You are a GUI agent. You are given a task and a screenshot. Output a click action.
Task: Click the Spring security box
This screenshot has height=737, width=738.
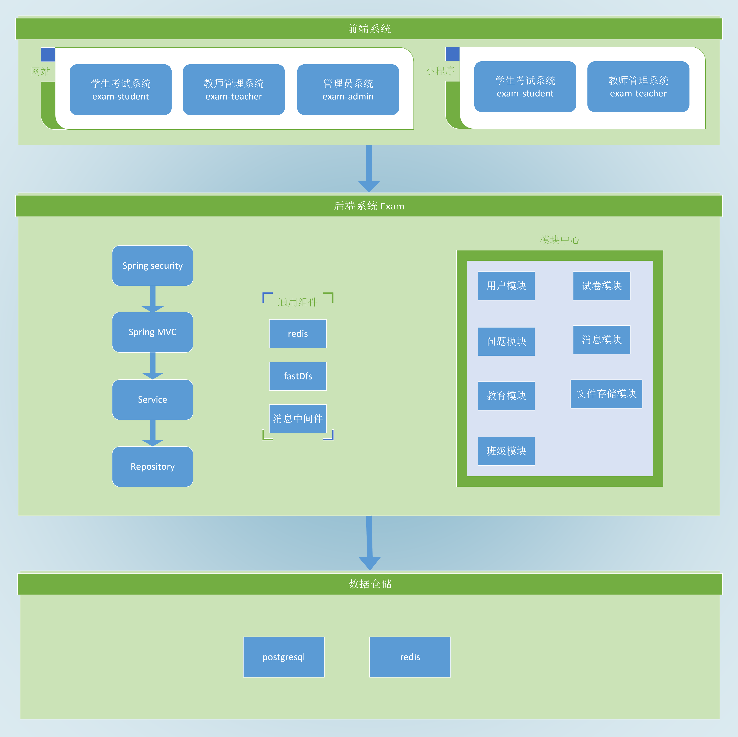pyautogui.click(x=152, y=266)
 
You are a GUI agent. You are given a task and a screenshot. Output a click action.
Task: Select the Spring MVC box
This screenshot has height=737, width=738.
pyautogui.click(x=152, y=332)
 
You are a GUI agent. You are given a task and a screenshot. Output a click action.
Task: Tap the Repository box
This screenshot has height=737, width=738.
pyautogui.click(x=152, y=467)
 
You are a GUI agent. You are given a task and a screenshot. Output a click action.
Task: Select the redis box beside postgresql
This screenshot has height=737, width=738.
pyautogui.click(x=410, y=657)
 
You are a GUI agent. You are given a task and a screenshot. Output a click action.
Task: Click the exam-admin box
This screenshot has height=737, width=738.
pyautogui.click(x=348, y=90)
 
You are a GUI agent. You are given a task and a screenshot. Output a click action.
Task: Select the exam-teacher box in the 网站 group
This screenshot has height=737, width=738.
pyautogui.click(x=234, y=90)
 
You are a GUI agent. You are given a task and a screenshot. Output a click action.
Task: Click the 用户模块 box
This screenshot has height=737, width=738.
pyautogui.click(x=506, y=286)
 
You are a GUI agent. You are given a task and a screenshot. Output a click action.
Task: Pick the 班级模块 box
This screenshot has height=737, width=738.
pyautogui.click(x=506, y=451)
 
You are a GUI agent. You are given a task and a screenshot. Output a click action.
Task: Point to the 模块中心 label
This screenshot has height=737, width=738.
pyautogui.click(x=560, y=240)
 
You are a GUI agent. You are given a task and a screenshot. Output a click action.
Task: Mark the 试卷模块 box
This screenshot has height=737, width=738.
pyautogui.click(x=601, y=286)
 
